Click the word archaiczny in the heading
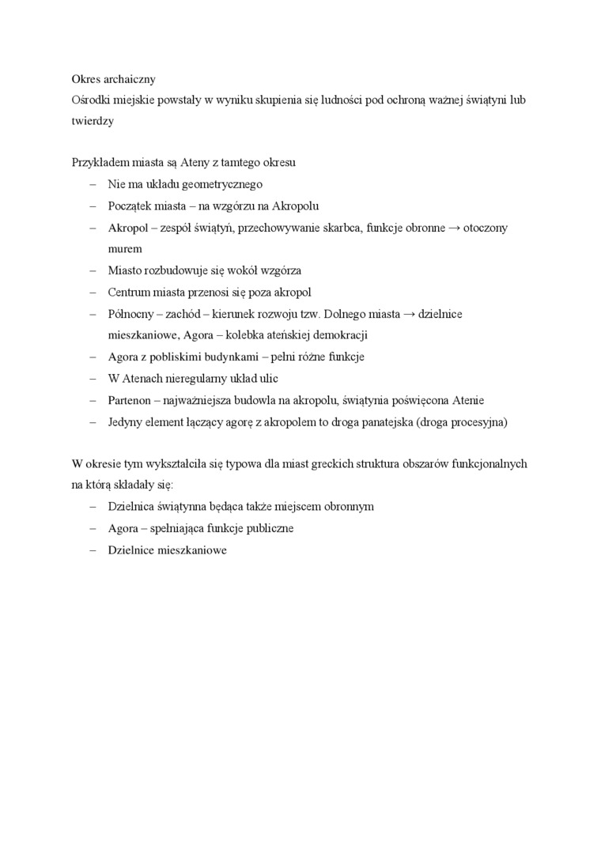coord(128,79)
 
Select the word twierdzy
coord(92,121)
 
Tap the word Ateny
coord(189,163)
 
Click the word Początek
coord(131,206)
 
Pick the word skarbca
coord(338,228)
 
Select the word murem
coord(125,248)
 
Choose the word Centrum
coord(130,292)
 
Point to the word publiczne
coord(267,527)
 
